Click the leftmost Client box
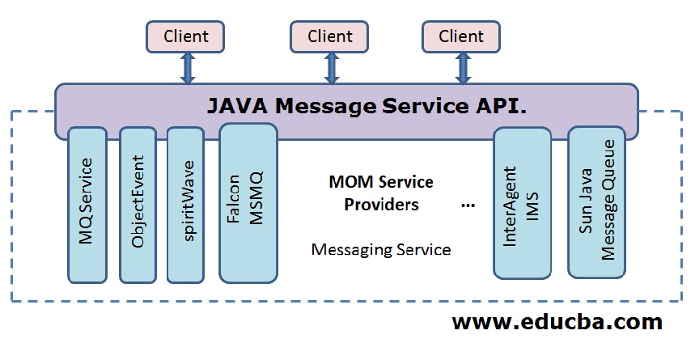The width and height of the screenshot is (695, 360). click(x=185, y=37)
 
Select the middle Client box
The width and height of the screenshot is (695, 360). click(x=329, y=37)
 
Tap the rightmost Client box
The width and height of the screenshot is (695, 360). click(x=461, y=37)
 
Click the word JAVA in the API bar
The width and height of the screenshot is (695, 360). click(x=235, y=105)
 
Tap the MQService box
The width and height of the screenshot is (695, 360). click(x=87, y=204)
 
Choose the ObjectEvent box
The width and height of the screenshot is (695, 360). click(x=138, y=204)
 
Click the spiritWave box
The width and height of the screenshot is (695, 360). click(x=189, y=204)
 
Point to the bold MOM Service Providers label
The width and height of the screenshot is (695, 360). click(x=381, y=193)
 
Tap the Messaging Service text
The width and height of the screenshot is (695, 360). click(x=381, y=249)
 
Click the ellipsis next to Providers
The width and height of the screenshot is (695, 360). click(x=468, y=205)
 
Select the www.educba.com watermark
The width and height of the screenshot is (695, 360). click(x=557, y=321)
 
